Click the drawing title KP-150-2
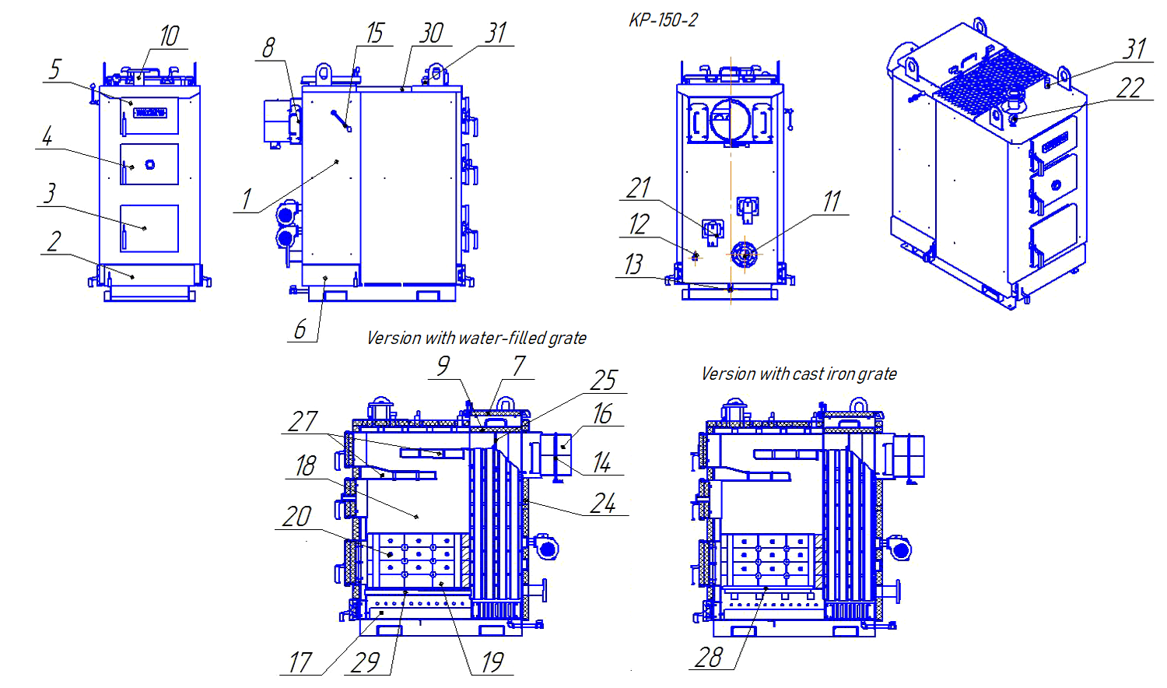(x=663, y=20)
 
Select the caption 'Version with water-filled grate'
(x=476, y=338)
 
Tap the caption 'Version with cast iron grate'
(x=798, y=374)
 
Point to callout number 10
(x=169, y=36)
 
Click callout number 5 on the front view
(x=54, y=69)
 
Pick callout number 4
(x=47, y=136)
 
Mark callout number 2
(x=54, y=242)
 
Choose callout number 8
(x=268, y=48)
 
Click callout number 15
(x=375, y=33)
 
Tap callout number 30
(x=431, y=33)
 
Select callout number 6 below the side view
(x=300, y=330)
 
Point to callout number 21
(x=639, y=188)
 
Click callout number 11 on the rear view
(x=832, y=202)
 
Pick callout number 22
(x=1130, y=88)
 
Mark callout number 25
(x=604, y=381)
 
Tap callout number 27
(x=303, y=422)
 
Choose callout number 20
(x=297, y=517)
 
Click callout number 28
(x=709, y=658)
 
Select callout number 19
(x=492, y=662)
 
